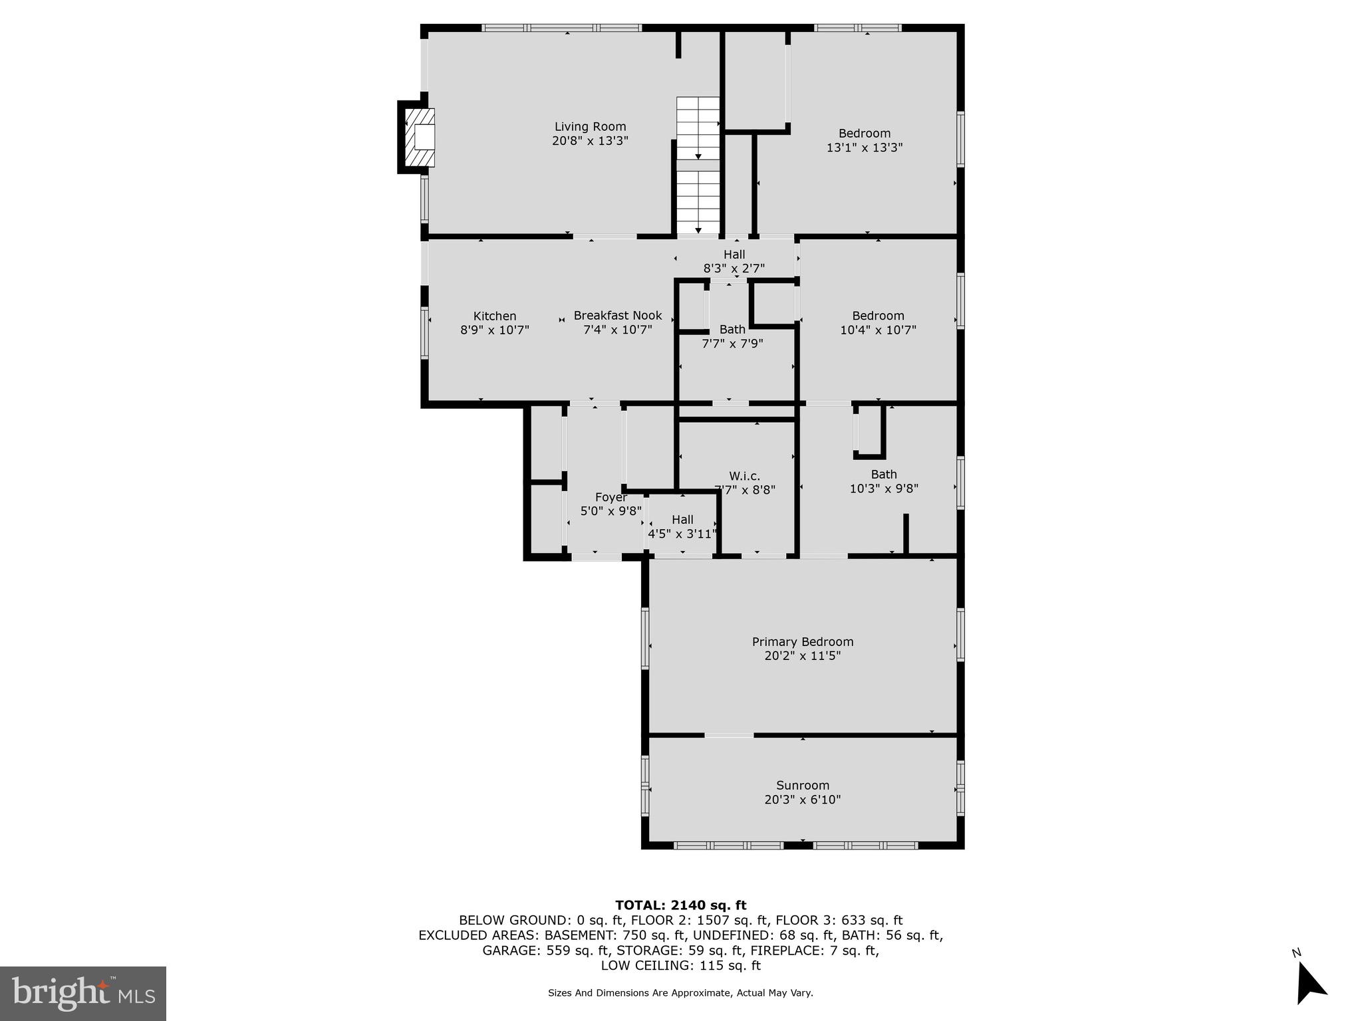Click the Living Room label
pyautogui.click(x=590, y=127)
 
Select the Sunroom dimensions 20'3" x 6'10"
pyautogui.click(x=802, y=800)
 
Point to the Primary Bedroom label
pyautogui.click(x=802, y=641)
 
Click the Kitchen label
pyautogui.click(x=494, y=316)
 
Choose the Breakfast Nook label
pyautogui.click(x=617, y=316)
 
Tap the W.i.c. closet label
pyautogui.click(x=744, y=476)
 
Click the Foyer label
pyautogui.click(x=611, y=497)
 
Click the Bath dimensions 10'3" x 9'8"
pyautogui.click(x=883, y=489)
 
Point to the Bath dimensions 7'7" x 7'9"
pyautogui.click(x=732, y=344)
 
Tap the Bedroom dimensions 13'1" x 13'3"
pyautogui.click(x=864, y=148)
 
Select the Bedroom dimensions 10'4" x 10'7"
pyautogui.click(x=878, y=330)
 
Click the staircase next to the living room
pyautogui.click(x=698, y=166)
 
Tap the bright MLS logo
pyautogui.click(x=83, y=993)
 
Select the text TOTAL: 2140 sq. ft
pyautogui.click(x=680, y=905)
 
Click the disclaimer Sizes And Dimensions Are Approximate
pyautogui.click(x=680, y=993)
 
